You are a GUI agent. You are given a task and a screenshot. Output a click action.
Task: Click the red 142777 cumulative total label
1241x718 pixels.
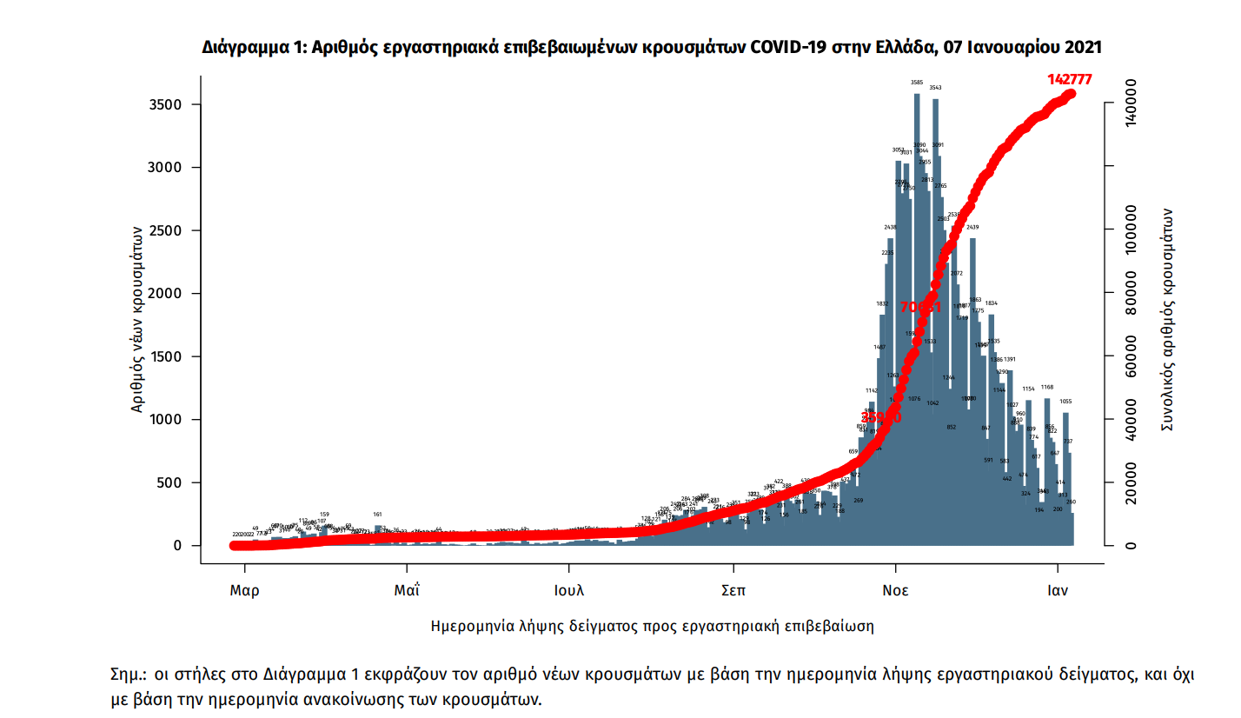click(x=1069, y=79)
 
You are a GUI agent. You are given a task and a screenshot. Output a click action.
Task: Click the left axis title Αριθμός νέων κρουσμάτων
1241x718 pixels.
click(x=137, y=319)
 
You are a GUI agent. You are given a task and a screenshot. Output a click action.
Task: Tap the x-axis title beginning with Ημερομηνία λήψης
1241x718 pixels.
click(x=652, y=626)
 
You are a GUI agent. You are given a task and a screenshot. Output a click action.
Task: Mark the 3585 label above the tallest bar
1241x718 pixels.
click(x=917, y=83)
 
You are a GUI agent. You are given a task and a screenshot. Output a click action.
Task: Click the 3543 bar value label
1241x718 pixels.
click(x=935, y=88)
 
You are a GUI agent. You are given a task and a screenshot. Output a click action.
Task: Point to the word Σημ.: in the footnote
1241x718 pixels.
click(x=129, y=674)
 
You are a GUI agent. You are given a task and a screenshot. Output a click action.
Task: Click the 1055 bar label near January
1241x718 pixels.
click(x=1065, y=402)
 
